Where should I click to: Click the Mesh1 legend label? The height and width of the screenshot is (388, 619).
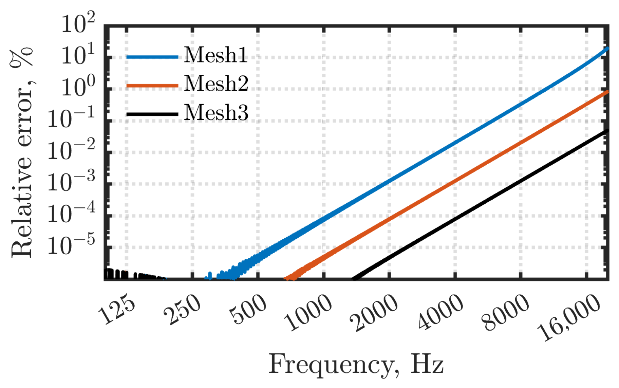coord(215,55)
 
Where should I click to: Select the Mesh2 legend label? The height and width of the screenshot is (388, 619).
coord(216,84)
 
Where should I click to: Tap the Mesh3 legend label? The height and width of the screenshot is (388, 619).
coord(216,112)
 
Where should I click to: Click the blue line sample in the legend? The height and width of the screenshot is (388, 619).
coord(152,57)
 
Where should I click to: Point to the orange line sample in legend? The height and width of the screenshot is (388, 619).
coord(152,86)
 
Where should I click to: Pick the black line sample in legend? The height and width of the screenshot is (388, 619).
coord(152,114)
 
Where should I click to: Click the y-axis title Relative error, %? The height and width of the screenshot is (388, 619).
coord(22,153)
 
